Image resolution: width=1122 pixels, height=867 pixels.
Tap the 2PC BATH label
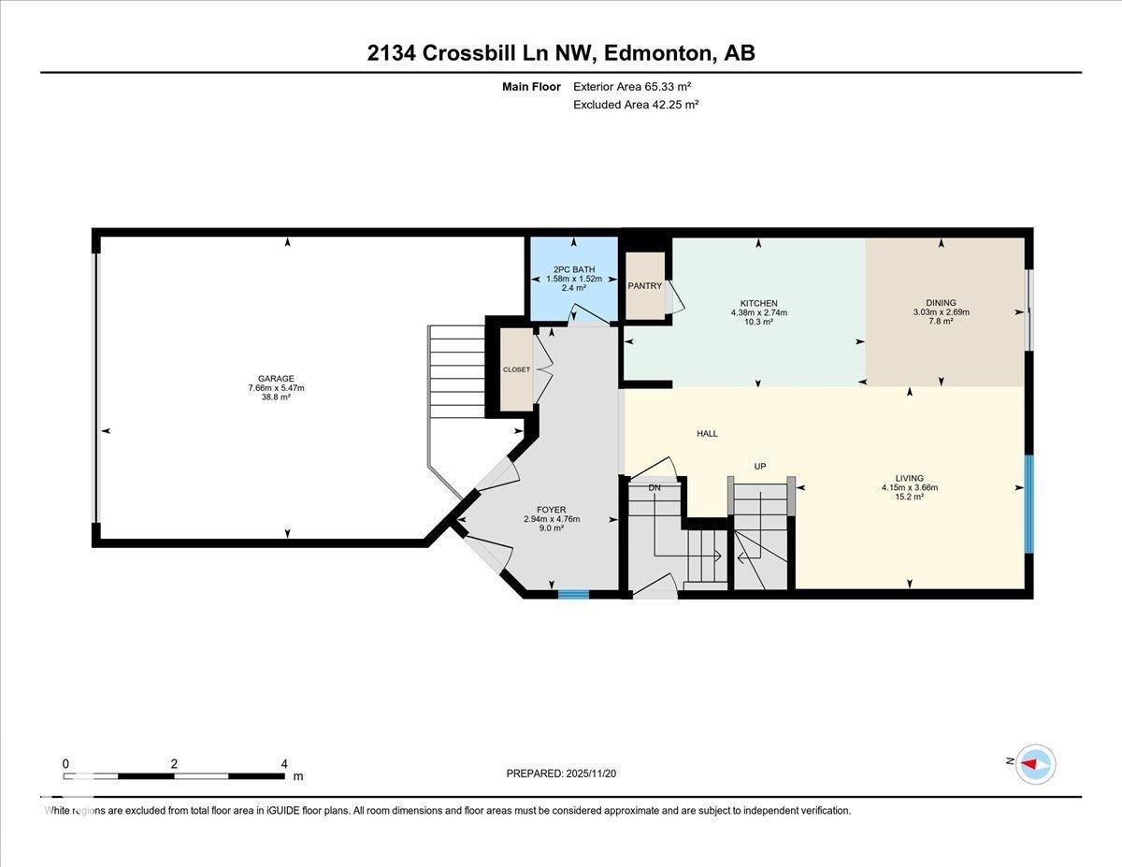pyautogui.click(x=573, y=269)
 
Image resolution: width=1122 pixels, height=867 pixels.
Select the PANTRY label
pyautogui.click(x=645, y=286)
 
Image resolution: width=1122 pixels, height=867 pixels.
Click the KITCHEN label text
pyautogui.click(x=758, y=303)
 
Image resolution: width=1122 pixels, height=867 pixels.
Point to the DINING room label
pyautogui.click(x=941, y=302)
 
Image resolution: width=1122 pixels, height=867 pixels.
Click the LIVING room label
pyautogui.click(x=909, y=478)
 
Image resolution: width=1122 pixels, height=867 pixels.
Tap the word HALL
pyautogui.click(x=707, y=433)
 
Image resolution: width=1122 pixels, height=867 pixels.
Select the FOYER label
pyautogui.click(x=551, y=510)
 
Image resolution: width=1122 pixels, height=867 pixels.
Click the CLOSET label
pyautogui.click(x=516, y=369)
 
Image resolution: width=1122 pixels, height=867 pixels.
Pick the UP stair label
pyautogui.click(x=761, y=466)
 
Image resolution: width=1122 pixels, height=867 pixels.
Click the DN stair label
pyautogui.click(x=654, y=487)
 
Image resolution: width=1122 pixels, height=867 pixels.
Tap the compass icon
pyautogui.click(x=1035, y=763)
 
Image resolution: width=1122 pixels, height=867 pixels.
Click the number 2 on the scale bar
pyautogui.click(x=174, y=763)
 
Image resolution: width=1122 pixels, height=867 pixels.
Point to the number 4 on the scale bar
pyautogui.click(x=284, y=763)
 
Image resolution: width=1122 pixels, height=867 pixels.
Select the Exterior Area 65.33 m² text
pyautogui.click(x=631, y=86)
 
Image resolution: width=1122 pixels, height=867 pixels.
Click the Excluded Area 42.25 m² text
pyautogui.click(x=636, y=105)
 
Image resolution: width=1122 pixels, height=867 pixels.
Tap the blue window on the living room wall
pyautogui.click(x=1028, y=504)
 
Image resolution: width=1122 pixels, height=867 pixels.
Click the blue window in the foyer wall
pyautogui.click(x=573, y=593)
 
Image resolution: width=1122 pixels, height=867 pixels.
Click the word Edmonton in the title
pyautogui.click(x=656, y=53)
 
